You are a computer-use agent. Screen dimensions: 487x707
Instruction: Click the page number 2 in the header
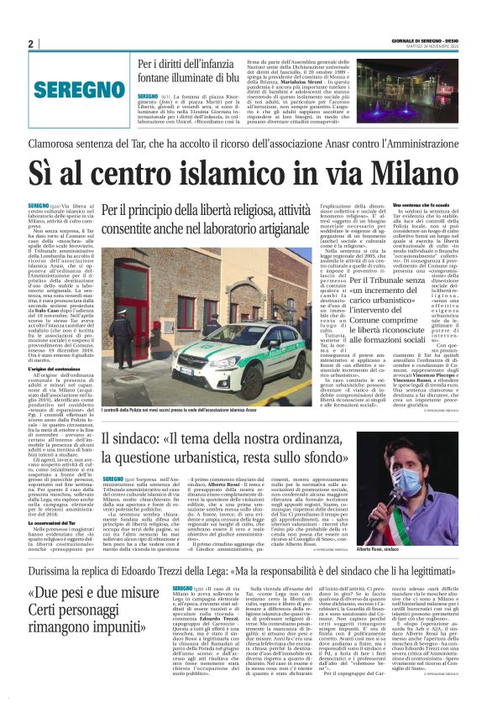click(x=30, y=45)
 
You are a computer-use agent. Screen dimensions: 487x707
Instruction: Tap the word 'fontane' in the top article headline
click(x=162, y=78)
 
